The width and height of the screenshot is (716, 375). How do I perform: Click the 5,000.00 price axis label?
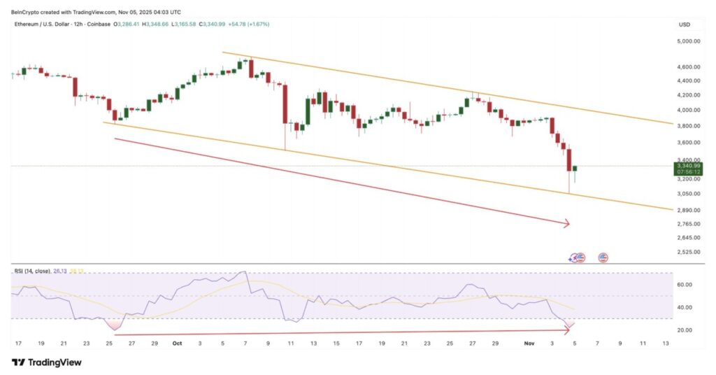[689, 41]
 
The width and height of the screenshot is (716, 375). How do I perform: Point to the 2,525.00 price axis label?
[689, 252]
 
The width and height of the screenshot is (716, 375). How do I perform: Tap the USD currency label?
[685, 24]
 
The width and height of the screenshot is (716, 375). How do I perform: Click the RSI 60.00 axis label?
[685, 285]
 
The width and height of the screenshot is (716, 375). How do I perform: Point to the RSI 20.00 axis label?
[685, 330]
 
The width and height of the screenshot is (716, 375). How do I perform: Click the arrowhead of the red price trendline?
[567, 224]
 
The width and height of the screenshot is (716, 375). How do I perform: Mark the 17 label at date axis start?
[18, 344]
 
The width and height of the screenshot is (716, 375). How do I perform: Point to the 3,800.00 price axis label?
[689, 126]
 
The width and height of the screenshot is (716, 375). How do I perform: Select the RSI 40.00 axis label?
[685, 308]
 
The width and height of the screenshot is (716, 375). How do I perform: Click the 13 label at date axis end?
[666, 344]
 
